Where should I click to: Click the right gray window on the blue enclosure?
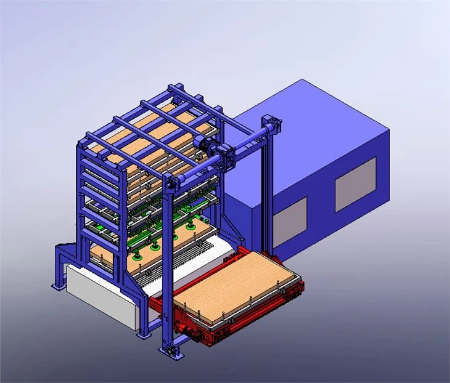pyautogui.click(x=355, y=184)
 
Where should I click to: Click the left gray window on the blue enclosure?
pyautogui.click(x=289, y=221)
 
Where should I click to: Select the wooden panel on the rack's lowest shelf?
pyautogui.click(x=102, y=259)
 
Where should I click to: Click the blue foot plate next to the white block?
pyautogui.click(x=143, y=335)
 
